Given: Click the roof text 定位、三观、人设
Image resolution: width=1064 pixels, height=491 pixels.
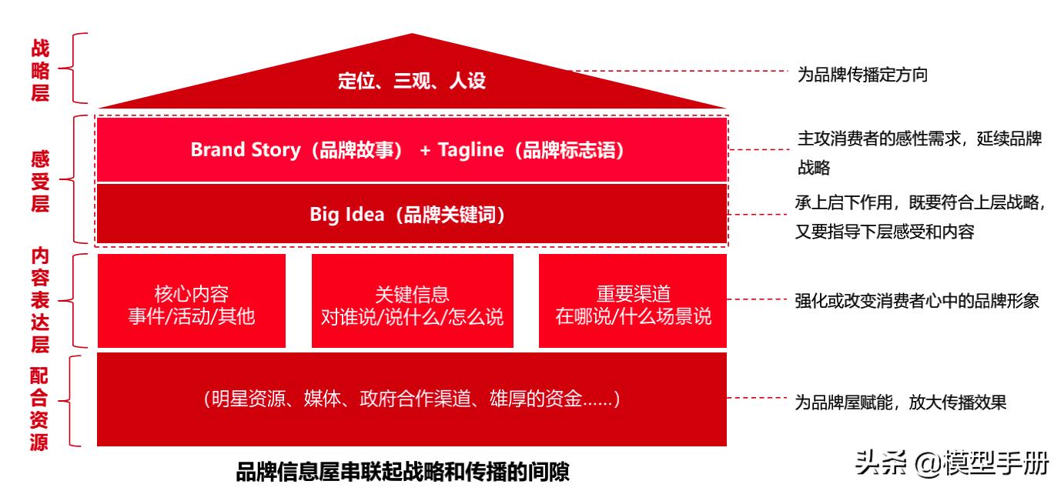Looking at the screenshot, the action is pos(412,80).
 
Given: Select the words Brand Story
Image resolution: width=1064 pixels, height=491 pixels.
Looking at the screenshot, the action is pos(245,150).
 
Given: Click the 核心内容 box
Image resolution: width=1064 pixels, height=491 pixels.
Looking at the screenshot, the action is pos(191,301).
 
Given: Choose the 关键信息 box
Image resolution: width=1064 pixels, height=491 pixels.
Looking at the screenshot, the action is pos(412,301).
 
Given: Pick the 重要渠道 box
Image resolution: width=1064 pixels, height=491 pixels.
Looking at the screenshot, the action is pos(633,301).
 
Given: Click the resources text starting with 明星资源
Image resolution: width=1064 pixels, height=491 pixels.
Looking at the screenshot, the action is pos(412,399).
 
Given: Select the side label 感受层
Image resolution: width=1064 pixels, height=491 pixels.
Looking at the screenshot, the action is pos(39,182).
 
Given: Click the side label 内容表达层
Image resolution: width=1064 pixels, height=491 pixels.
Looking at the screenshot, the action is pos(39,299).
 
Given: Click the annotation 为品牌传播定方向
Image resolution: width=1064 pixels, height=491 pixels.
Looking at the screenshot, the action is pos(862,75).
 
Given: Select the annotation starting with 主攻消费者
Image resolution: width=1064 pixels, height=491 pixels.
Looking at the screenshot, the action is pos(919,152).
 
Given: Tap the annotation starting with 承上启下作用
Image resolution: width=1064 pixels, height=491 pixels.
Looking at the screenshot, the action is pos(919,217).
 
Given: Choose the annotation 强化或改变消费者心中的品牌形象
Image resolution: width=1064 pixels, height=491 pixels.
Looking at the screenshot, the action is pos(917,301).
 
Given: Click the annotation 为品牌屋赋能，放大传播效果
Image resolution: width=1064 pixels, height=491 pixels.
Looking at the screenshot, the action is pos(900,402).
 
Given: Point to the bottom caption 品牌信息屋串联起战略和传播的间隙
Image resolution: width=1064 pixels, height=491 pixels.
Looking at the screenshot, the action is pos(403,471).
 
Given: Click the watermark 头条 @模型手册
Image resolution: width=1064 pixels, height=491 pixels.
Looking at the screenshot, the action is pos(952,464).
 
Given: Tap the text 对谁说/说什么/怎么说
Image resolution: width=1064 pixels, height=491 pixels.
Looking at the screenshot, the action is pos(412,316).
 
